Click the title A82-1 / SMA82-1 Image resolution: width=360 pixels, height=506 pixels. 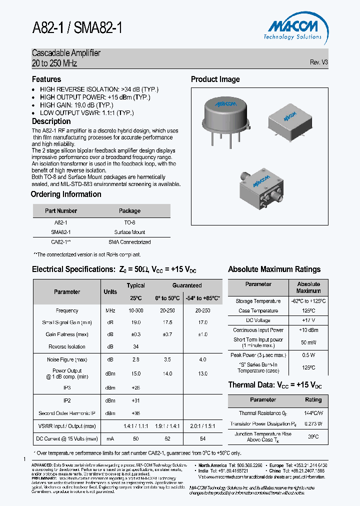(77, 28)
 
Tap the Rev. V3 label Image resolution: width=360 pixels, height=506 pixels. (318, 62)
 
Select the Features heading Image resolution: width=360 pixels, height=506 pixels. (46, 79)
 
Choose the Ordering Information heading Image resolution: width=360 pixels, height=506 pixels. (66, 194)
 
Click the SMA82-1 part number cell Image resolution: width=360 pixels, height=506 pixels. (61, 232)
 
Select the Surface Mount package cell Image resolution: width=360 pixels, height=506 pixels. (129, 232)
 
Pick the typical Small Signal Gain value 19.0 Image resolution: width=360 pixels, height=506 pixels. (135, 322)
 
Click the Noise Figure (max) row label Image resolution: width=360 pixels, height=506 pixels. (67, 359)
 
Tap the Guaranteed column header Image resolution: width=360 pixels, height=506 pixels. (187, 285)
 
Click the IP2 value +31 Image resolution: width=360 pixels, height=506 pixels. (135, 400)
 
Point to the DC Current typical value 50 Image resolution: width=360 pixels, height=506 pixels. (135, 438)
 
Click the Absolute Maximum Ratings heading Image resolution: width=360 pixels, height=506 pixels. (274, 269)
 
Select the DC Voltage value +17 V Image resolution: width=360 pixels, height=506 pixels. (308, 320)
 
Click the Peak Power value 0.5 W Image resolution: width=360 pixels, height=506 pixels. (308, 355)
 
